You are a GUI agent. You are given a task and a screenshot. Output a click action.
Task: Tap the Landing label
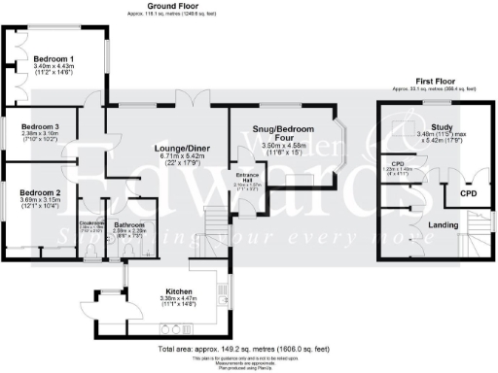pyautogui.click(x=444, y=224)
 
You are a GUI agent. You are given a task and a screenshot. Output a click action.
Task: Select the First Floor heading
pyautogui.click(x=429, y=83)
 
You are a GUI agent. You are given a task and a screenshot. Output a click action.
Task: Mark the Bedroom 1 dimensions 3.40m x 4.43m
pyautogui.click(x=53, y=66)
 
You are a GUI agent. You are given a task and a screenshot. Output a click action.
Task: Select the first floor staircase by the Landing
pyautogui.click(x=476, y=232)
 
